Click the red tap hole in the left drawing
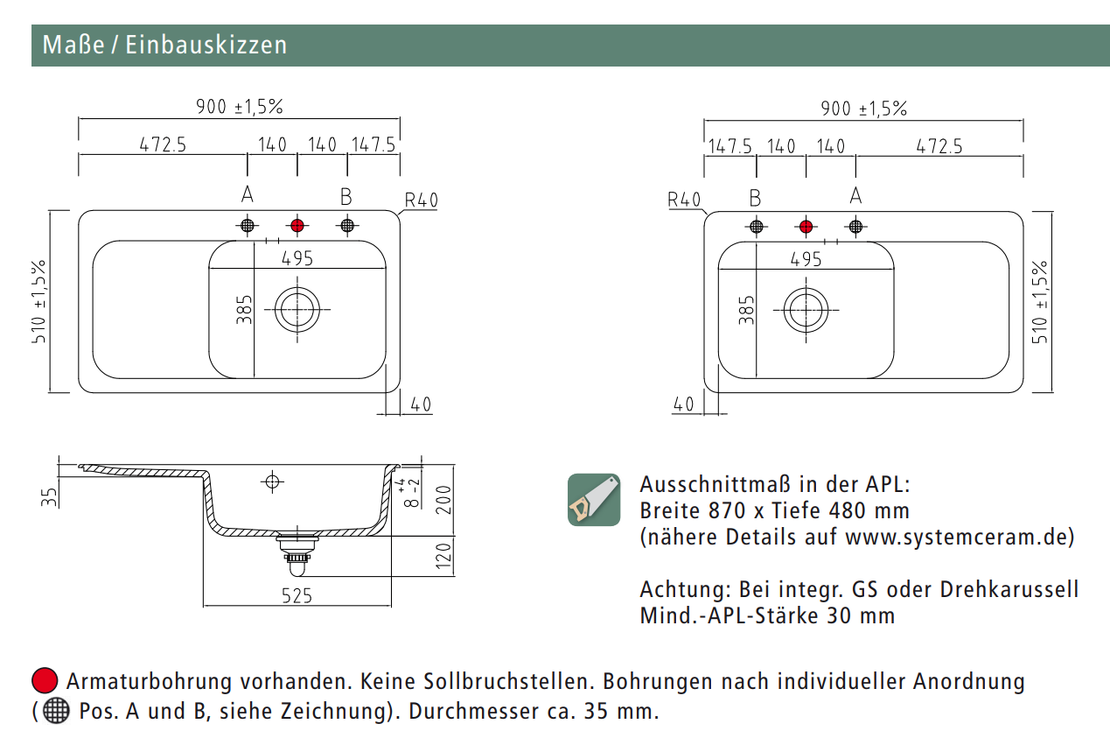297,226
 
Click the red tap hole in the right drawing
806,227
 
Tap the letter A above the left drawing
248,194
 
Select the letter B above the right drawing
755,199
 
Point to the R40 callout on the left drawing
422,200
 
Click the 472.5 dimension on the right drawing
939,146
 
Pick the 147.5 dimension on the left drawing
373,144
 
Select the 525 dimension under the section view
297,595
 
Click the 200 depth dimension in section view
444,500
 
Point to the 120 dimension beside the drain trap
444,556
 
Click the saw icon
594,499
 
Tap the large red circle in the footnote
45,680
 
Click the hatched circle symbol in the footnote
56,711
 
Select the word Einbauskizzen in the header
206,45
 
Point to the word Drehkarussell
1009,590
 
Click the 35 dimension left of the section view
49,497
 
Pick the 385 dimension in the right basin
746,310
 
